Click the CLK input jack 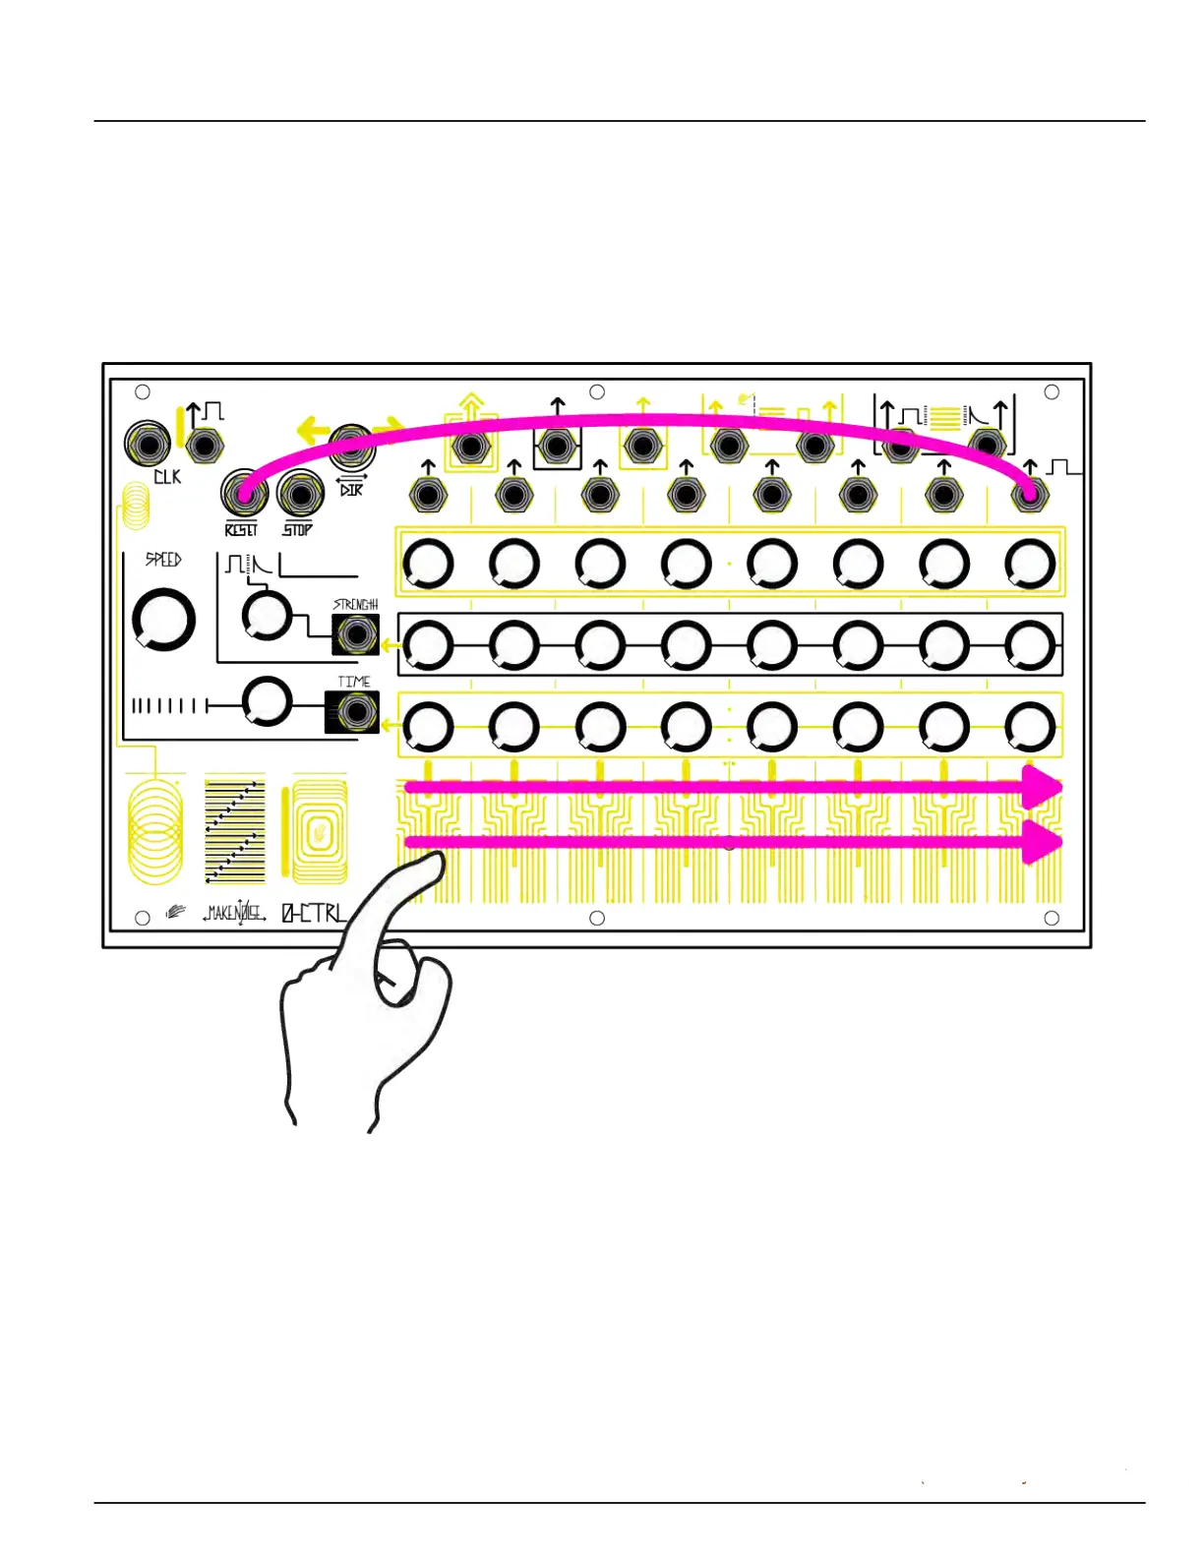148,445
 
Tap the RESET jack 243,493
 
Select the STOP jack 300,493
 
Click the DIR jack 350,449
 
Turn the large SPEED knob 163,620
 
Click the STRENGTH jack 355,634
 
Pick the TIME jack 352,711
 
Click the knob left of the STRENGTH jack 267,616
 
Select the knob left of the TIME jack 267,701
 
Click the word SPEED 163,560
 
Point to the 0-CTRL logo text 314,914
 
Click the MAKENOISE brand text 234,914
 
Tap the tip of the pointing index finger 433,861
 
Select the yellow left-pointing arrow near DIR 313,430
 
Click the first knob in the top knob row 428,565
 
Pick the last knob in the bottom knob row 1030,727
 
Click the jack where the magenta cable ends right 1030,495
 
